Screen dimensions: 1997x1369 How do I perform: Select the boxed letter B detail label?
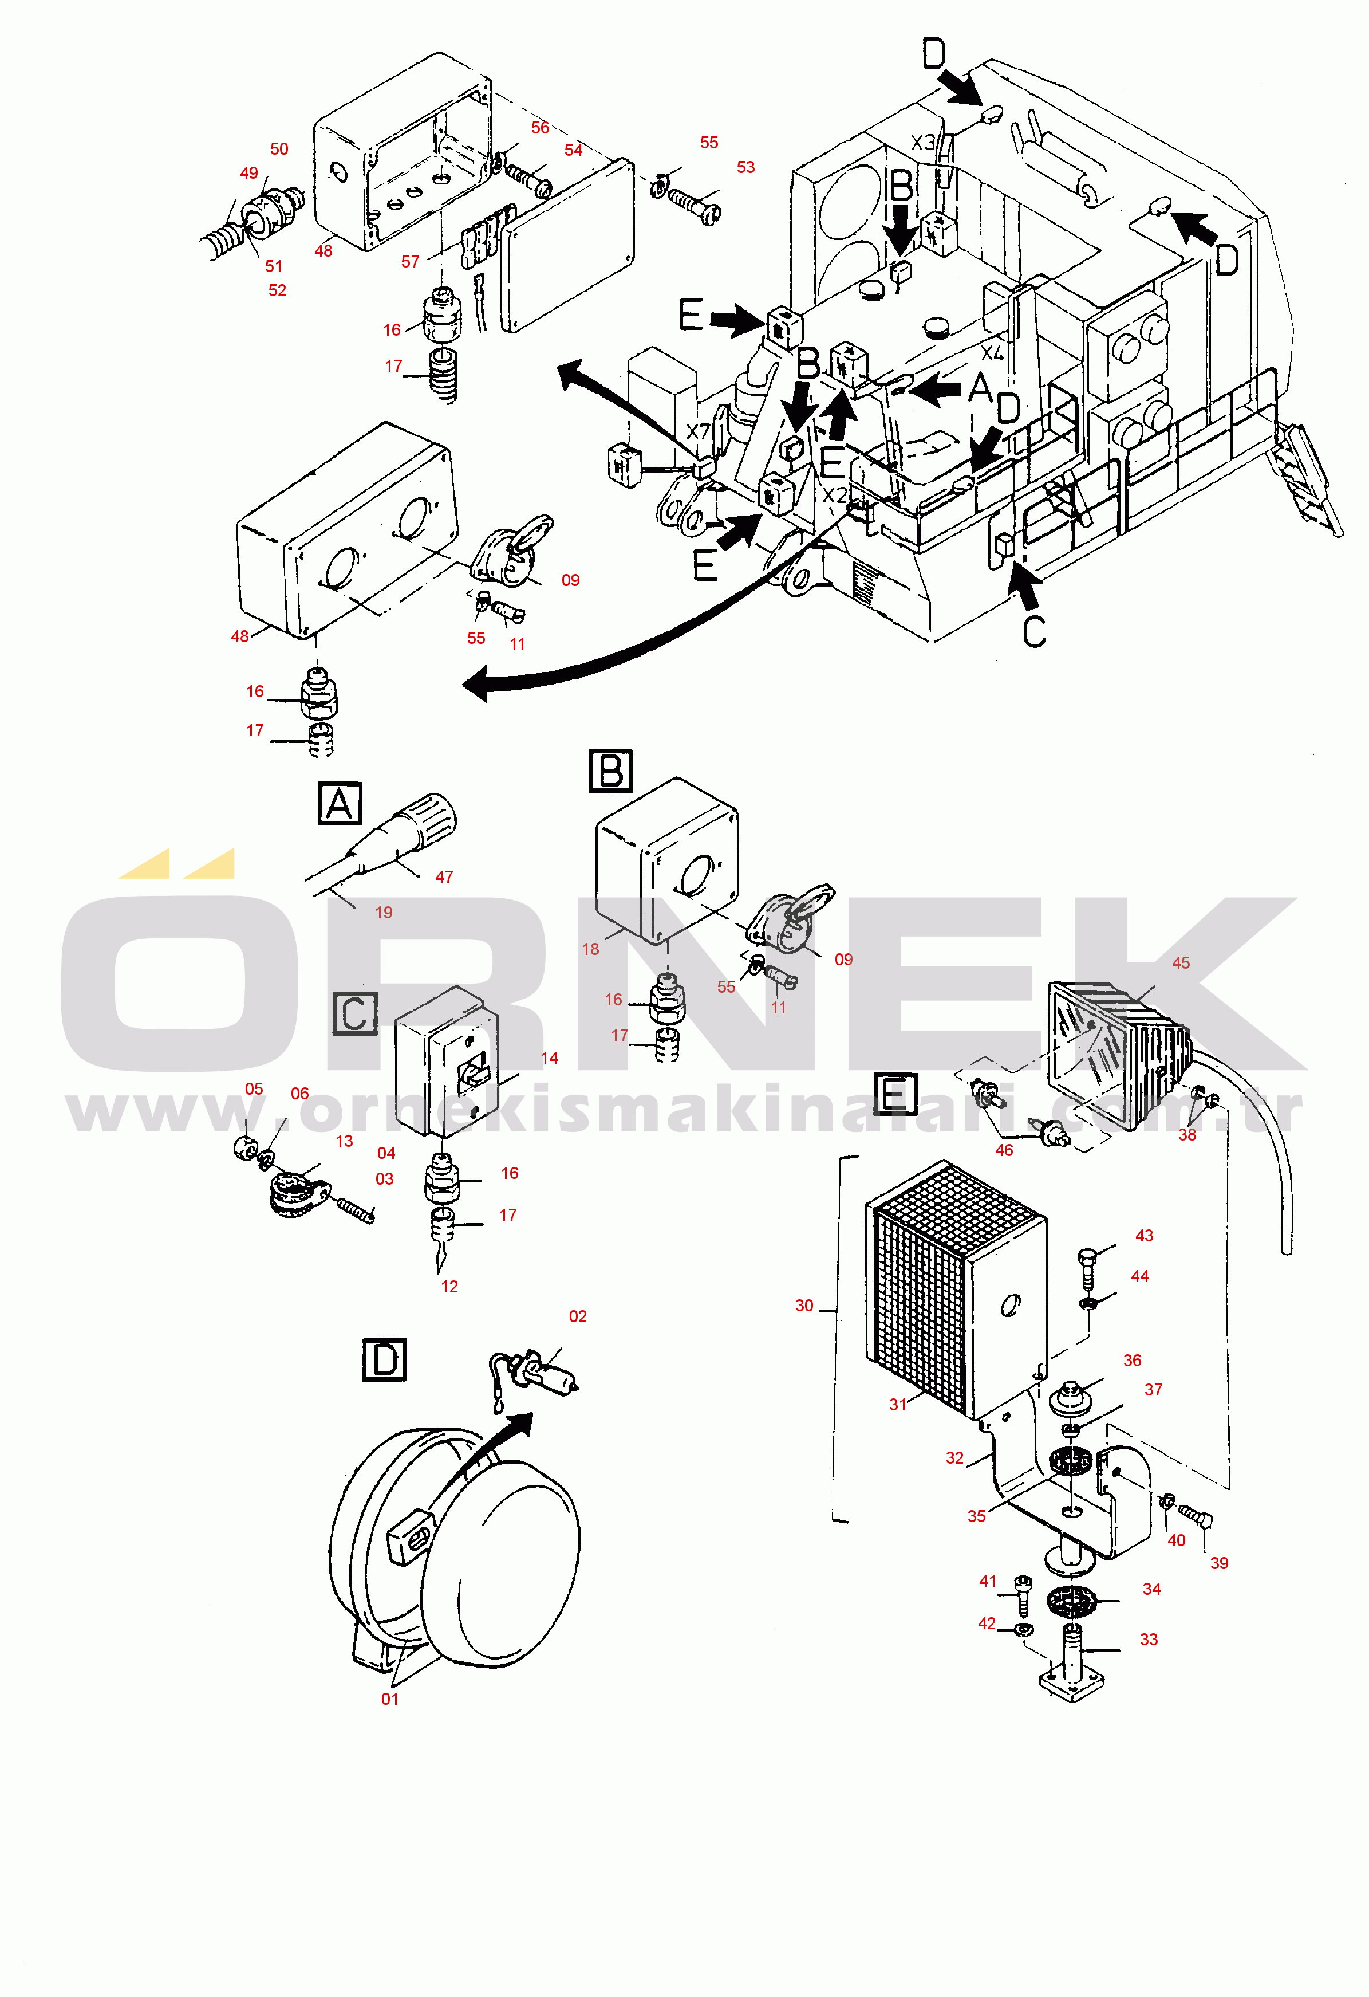(610, 771)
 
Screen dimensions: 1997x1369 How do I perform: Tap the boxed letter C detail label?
(355, 1014)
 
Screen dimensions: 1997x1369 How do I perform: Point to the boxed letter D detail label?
(384, 1360)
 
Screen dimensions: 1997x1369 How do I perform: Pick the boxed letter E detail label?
(895, 1094)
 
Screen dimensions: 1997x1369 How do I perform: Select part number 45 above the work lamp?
(1181, 962)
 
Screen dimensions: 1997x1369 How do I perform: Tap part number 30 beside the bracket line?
(804, 1305)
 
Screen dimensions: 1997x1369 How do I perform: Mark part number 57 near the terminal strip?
(410, 261)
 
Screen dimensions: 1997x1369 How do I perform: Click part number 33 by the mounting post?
(1149, 1638)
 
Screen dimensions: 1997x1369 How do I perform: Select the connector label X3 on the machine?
(923, 143)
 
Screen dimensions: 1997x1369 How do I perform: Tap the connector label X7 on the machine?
(697, 431)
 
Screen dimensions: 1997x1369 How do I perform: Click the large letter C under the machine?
(1034, 631)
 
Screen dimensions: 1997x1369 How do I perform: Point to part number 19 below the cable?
(383, 912)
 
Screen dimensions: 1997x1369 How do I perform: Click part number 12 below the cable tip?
(449, 1287)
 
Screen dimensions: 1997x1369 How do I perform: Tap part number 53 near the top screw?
(745, 167)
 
